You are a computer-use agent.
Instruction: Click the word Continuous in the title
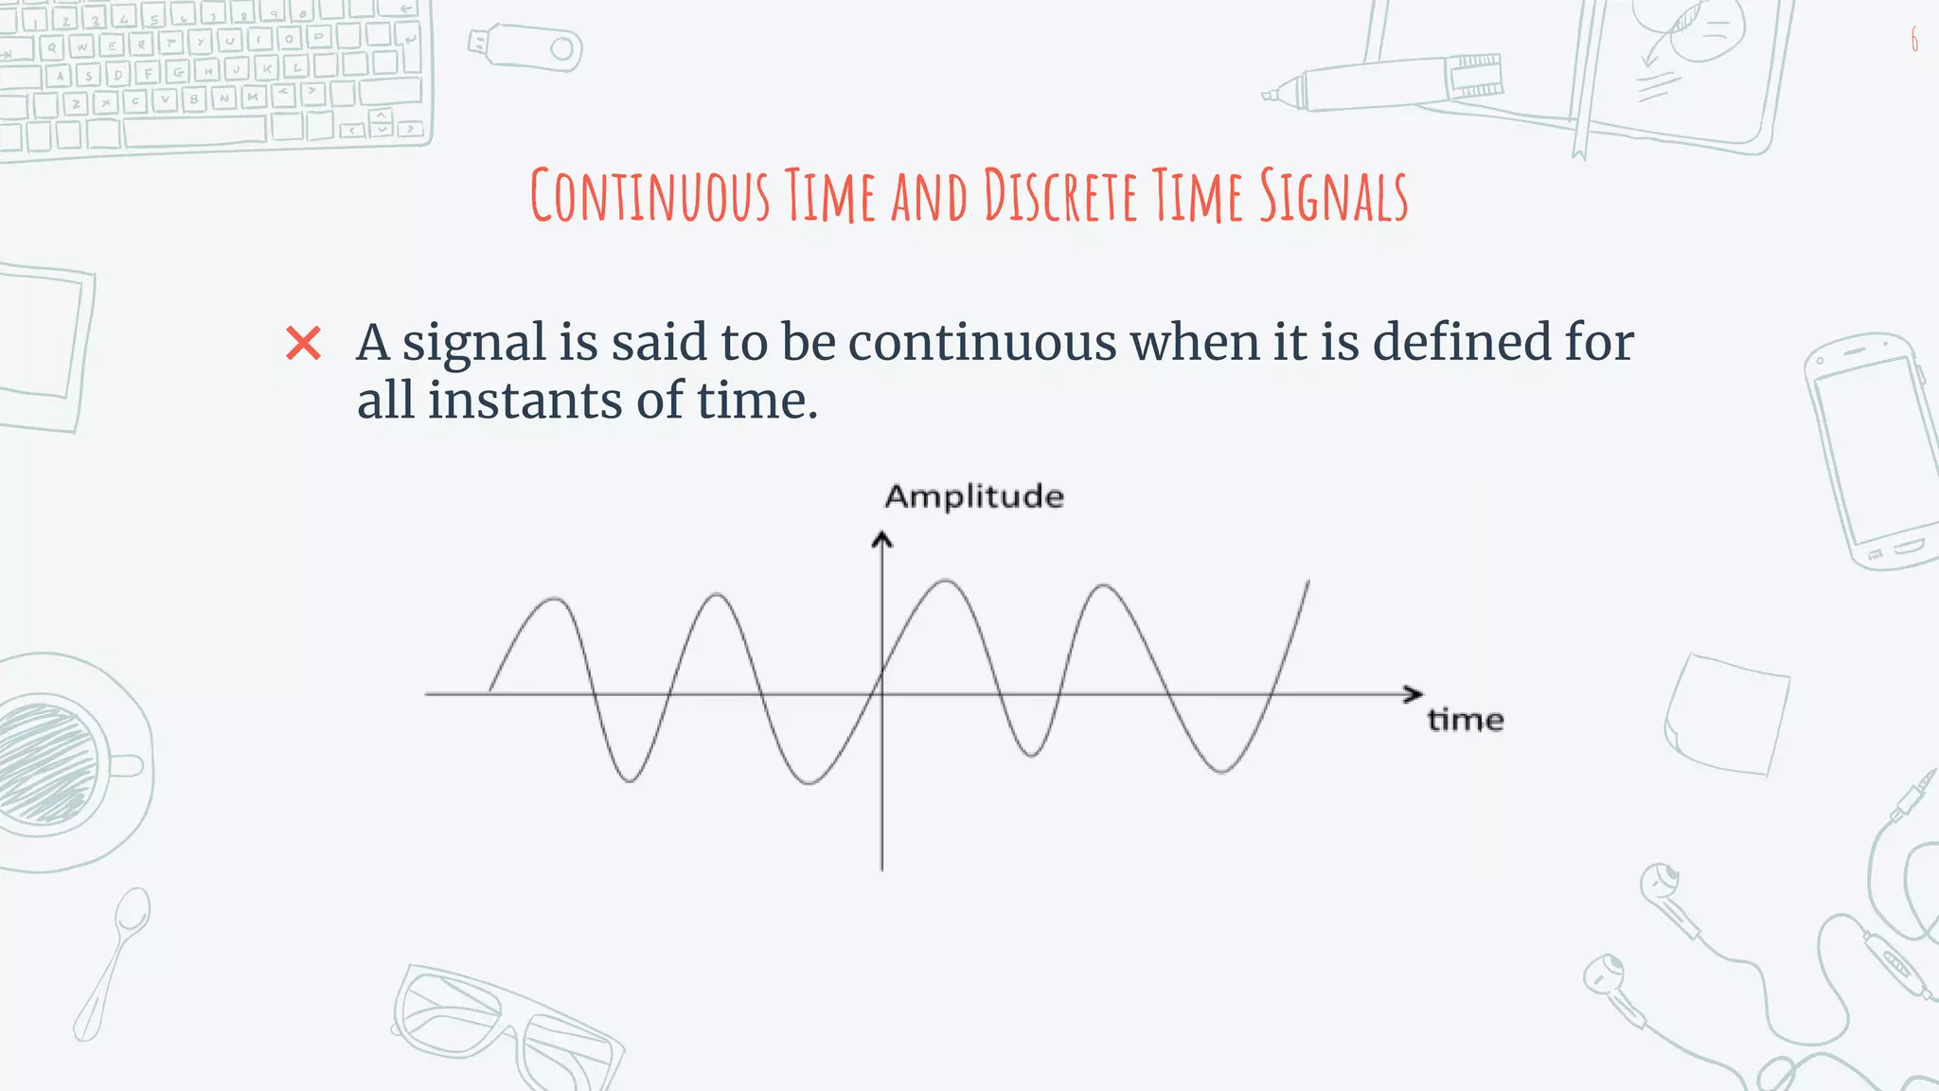(x=649, y=196)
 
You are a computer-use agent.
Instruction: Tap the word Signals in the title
(x=1333, y=196)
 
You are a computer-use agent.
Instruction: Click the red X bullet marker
(x=304, y=343)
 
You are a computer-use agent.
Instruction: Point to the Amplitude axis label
(x=974, y=496)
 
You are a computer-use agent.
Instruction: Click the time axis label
(x=1466, y=720)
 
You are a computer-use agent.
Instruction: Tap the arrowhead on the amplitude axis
(x=882, y=541)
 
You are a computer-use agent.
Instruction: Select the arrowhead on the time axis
(x=1414, y=694)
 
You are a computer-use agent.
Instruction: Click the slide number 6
(x=1914, y=40)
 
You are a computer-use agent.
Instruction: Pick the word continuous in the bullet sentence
(x=982, y=342)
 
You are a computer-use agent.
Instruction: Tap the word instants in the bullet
(x=525, y=401)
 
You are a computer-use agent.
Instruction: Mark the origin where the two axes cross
(x=882, y=694)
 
